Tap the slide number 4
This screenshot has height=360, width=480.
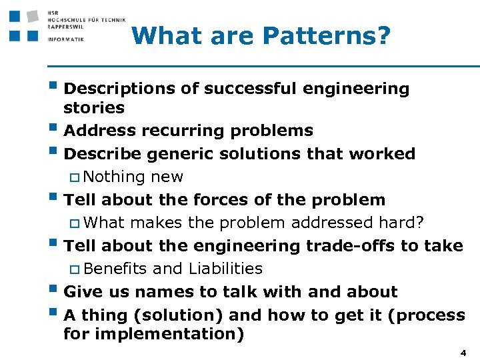tap(463, 351)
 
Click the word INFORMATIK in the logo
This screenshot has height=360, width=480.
tap(66, 39)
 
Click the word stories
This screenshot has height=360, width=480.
tap(94, 108)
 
